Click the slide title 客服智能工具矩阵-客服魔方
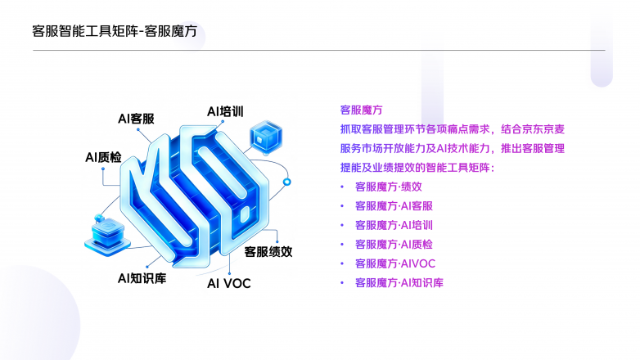[115, 31]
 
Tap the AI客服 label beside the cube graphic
[136, 119]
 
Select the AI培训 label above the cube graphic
[225, 111]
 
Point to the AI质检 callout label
[103, 157]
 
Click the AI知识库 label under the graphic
[142, 278]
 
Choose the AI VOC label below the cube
[228, 283]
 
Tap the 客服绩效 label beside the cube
[268, 252]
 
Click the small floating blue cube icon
[266, 137]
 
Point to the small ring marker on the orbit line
[287, 182]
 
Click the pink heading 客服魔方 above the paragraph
[361, 110]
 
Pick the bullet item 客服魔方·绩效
[388, 187]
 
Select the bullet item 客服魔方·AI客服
[394, 206]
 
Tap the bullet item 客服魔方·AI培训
[394, 225]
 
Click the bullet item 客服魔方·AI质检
[394, 245]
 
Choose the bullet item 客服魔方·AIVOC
[395, 263]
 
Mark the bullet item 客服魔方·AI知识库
[399, 283]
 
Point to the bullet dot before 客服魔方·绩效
[342, 187]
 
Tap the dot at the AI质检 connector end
[103, 169]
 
